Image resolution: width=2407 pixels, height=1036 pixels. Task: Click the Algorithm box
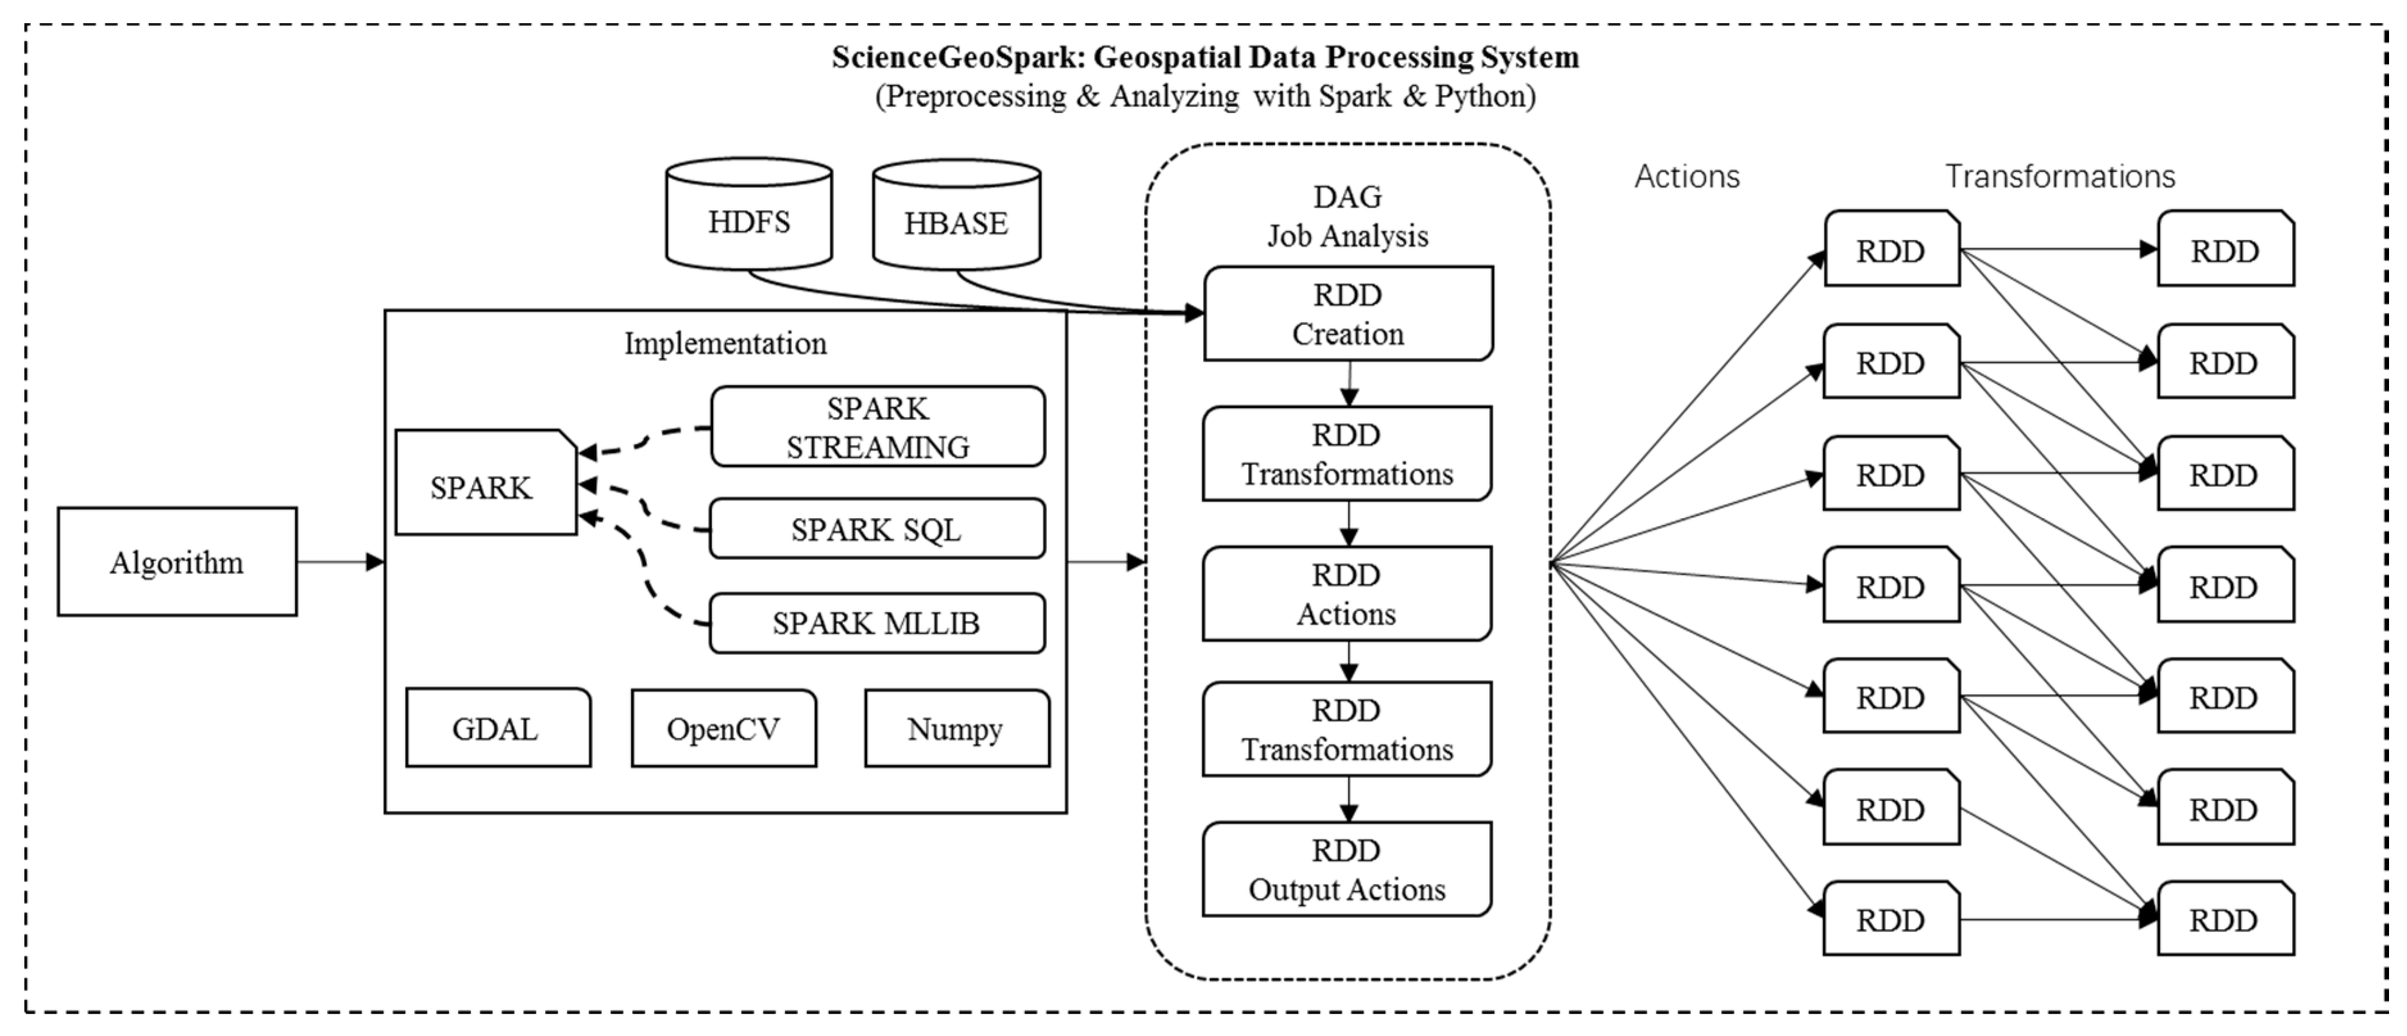point(176,561)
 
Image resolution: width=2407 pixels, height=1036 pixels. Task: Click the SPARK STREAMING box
point(877,427)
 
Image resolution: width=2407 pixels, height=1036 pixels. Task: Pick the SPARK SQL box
point(877,529)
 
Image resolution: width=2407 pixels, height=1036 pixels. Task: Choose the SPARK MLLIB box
point(877,622)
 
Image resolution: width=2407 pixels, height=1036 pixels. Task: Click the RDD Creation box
point(1347,314)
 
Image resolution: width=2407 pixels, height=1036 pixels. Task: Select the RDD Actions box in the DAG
point(1346,593)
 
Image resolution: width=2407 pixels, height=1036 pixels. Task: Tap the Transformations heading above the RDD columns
point(2059,176)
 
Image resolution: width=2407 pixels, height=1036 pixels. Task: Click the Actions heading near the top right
point(1687,176)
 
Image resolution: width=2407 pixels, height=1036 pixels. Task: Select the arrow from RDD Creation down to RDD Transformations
point(1348,383)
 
